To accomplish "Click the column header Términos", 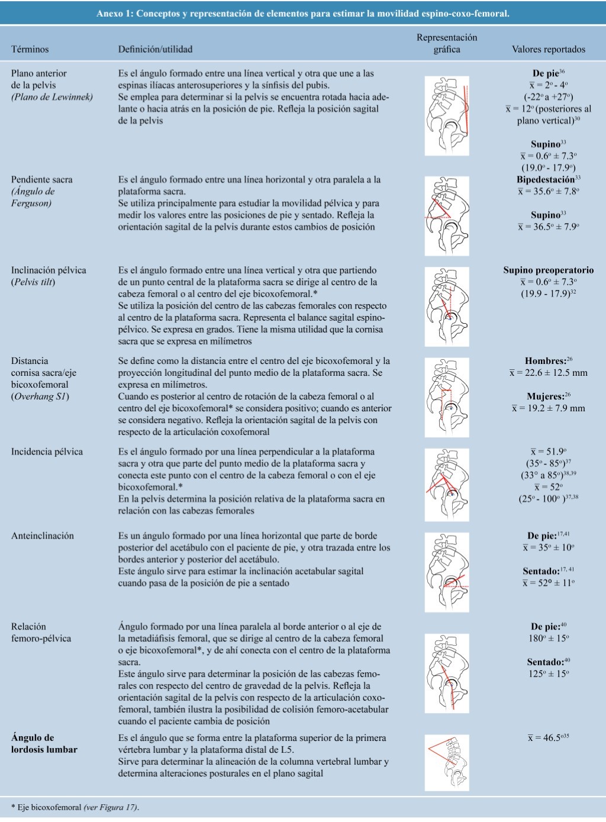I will click(x=30, y=50).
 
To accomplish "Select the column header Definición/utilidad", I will click(x=155, y=50).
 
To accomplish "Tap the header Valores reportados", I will click(x=548, y=50).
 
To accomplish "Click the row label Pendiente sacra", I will click(x=42, y=180).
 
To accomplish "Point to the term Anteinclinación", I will click(x=43, y=536).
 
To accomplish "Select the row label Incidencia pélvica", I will click(x=47, y=452).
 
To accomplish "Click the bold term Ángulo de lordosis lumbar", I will click(x=44, y=744).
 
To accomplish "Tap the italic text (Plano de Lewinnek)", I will click(x=52, y=97).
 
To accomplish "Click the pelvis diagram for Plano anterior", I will click(x=447, y=116).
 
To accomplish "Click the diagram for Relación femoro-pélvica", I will click(x=447, y=673).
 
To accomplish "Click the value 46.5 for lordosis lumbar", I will click(x=548, y=738).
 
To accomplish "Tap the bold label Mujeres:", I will click(x=549, y=397).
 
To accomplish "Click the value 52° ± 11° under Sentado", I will click(x=549, y=583).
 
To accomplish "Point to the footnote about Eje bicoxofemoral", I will click(x=75, y=807).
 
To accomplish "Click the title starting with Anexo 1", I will click(x=302, y=13).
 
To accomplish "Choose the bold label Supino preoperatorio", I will click(x=548, y=270).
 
